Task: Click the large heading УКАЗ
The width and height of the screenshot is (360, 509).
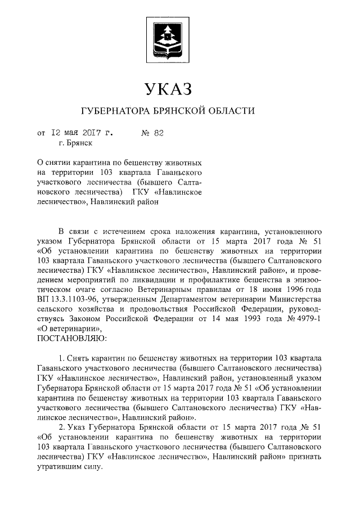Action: (168, 89)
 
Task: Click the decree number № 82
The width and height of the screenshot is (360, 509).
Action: (152, 133)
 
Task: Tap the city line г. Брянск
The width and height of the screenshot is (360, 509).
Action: (69, 144)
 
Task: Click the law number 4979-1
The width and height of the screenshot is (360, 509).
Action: (307, 318)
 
